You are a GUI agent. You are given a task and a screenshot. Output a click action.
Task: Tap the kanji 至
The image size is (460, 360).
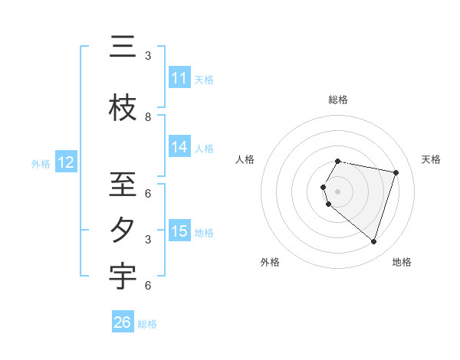coord(123,185)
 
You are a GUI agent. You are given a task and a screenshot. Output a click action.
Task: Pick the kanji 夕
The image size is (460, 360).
coord(123,231)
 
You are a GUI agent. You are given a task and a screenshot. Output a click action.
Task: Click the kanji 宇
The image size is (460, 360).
coord(123,277)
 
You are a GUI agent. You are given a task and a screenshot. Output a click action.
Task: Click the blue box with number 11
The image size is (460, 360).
coord(179,78)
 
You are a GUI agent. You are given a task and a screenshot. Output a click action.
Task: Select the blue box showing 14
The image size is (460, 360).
coord(179,148)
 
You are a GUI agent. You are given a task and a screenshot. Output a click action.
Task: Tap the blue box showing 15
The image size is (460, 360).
coord(179,231)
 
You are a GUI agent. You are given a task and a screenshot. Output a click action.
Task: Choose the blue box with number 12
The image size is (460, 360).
coord(66,162)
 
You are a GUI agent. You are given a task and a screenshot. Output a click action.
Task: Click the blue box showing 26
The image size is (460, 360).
coord(123,322)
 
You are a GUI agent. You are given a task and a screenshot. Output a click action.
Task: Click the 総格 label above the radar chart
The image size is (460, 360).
coord(338,100)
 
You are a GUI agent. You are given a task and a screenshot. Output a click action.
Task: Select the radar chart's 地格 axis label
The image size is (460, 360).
coord(402,262)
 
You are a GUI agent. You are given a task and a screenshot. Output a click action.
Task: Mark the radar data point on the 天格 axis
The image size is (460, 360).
coord(396,172)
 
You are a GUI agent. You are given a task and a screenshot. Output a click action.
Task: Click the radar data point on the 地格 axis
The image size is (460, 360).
coord(373,241)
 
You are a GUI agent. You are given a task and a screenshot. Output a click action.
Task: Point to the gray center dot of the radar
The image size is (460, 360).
coord(338,191)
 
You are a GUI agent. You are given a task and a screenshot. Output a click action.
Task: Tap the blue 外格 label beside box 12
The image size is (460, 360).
coord(41,163)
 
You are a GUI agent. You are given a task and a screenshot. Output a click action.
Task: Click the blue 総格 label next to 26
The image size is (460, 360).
coord(147,324)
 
